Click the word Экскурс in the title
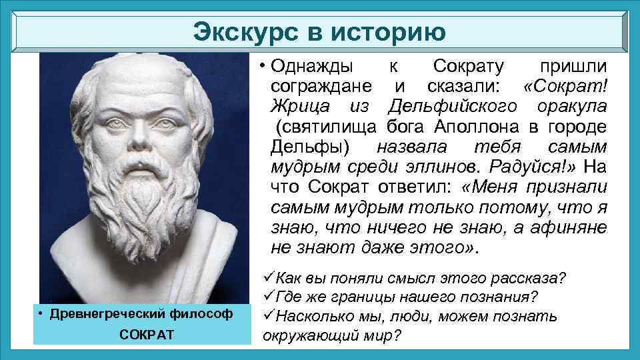(246, 32)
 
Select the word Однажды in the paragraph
(312, 66)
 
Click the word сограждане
(321, 86)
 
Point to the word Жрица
(300, 107)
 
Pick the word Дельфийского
(453, 107)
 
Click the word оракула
(572, 107)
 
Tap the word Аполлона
(476, 127)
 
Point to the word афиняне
(569, 227)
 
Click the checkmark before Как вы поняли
(268, 277)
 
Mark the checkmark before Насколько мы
(268, 314)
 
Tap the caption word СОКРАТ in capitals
(147, 335)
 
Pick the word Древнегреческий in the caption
(107, 314)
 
